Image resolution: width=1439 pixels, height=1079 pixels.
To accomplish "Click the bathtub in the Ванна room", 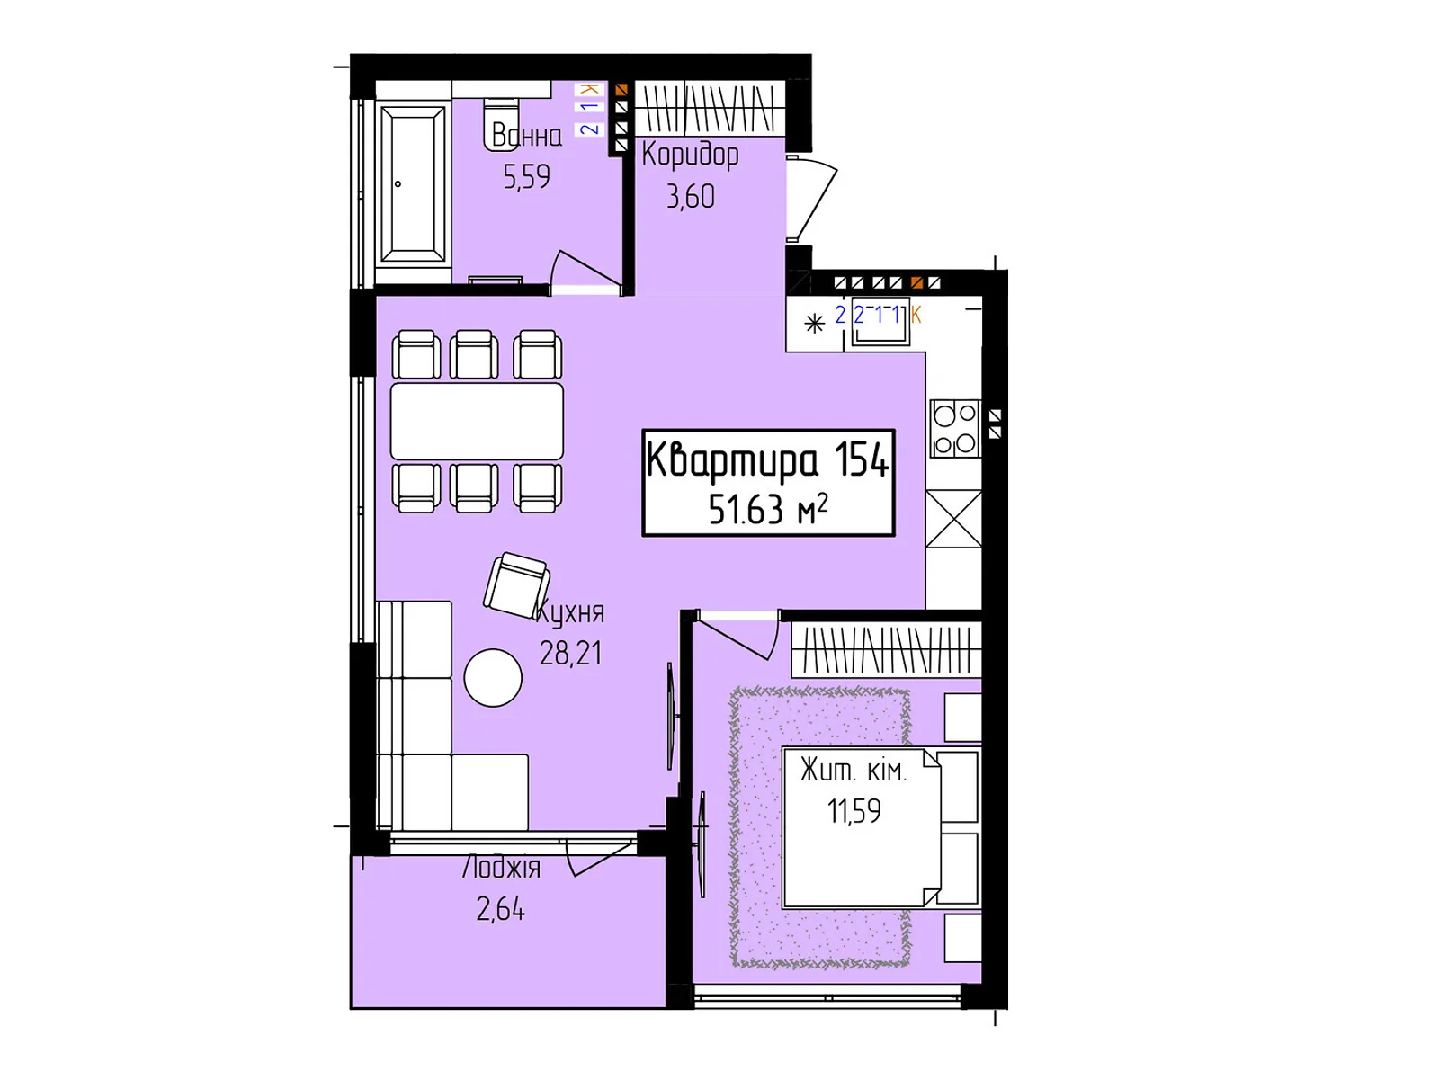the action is coord(413,185).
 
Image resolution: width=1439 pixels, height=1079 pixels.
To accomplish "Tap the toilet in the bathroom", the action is coord(501,124).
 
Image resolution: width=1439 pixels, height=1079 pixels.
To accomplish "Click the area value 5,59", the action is coord(526,177).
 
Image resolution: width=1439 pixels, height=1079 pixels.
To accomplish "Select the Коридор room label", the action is coord(691,156).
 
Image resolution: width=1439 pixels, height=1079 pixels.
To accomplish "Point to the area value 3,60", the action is coord(691,197).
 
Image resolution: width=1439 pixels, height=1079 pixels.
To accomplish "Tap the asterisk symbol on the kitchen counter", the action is coord(814,324).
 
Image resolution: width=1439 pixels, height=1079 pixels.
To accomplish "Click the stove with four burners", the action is coord(954,429).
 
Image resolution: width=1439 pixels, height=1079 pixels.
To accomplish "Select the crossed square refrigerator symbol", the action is coord(953,518).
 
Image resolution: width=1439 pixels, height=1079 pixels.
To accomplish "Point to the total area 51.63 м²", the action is coord(768,509).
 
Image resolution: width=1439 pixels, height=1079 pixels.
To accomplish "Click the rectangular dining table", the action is coord(477,421).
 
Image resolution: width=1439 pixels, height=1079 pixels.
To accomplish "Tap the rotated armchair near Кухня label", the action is coord(516,585).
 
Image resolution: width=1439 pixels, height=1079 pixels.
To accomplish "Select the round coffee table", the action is coord(493,677).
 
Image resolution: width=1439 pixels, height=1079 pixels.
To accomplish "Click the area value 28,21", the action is coord(570,653).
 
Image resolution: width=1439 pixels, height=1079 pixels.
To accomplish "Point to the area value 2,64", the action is coord(501,909).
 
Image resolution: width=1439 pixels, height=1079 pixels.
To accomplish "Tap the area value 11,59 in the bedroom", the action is coord(854,811).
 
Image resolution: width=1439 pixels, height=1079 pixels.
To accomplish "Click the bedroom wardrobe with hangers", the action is coord(887,649).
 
